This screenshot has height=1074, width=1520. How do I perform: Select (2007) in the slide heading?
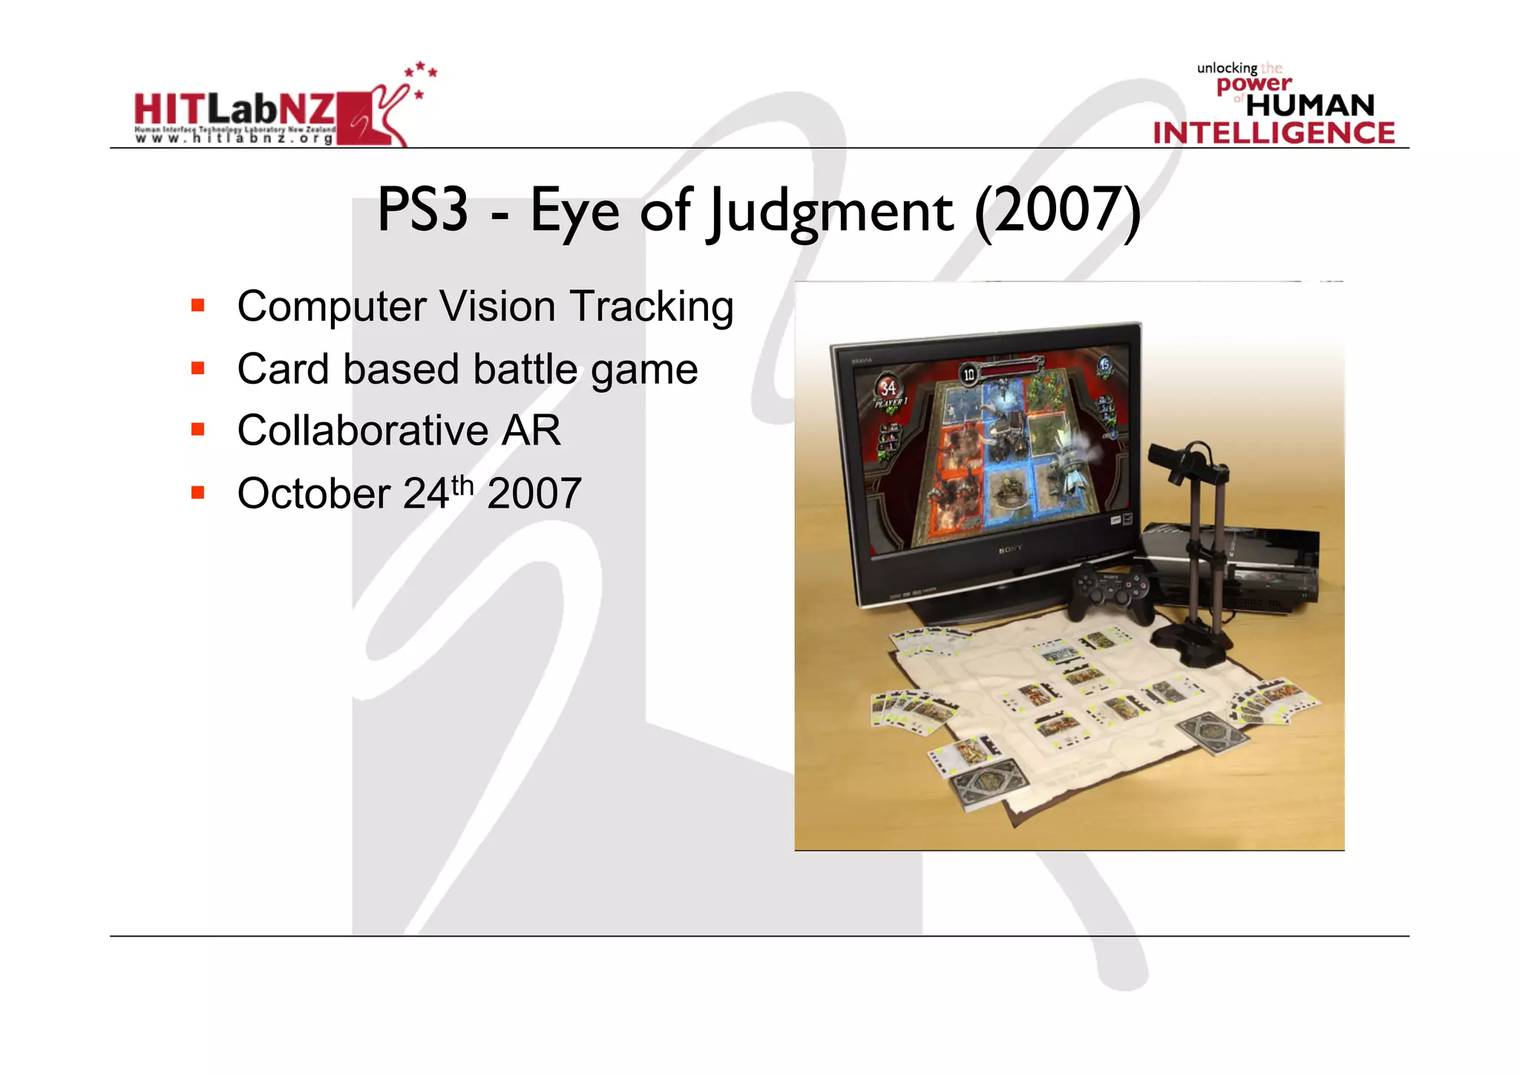[1057, 212]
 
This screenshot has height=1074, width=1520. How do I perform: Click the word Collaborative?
[362, 430]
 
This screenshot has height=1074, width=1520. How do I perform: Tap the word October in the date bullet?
[313, 494]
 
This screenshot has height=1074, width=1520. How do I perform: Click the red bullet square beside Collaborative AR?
[197, 430]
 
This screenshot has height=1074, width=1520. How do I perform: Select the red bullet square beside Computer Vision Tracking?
[197, 305]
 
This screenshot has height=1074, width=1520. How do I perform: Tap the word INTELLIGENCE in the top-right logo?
[1274, 134]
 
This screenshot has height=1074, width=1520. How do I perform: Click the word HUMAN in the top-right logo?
[1310, 105]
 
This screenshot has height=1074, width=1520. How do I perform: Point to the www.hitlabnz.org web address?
[235, 139]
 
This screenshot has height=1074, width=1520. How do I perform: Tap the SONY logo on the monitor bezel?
[1010, 550]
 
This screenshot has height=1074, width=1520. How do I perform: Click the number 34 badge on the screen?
[888, 387]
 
